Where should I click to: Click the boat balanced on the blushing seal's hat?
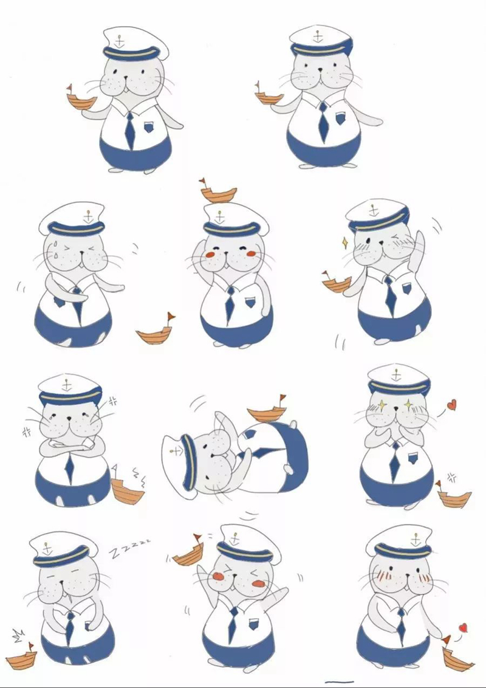217,194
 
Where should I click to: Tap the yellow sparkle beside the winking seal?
344,243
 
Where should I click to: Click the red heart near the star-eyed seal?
451,405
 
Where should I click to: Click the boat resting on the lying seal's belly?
267,413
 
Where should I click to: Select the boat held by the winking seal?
336,284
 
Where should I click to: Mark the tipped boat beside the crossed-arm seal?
128,490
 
